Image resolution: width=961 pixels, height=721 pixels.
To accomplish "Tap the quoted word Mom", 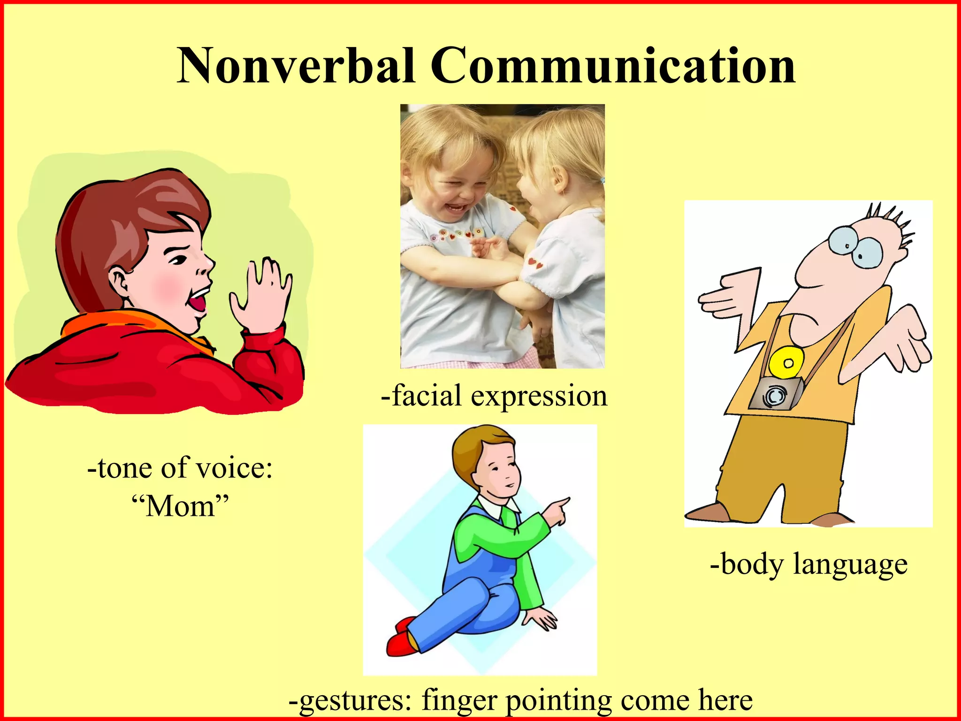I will (180, 507).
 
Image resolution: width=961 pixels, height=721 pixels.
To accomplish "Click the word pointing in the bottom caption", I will (558, 701).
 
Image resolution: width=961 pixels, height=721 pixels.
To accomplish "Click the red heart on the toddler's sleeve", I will (535, 263).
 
